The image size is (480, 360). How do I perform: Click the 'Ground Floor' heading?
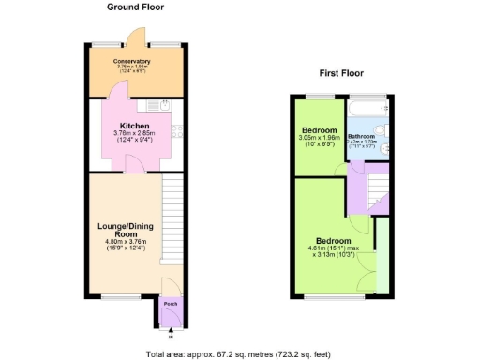coord(136,7)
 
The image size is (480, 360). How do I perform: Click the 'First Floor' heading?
coord(342,72)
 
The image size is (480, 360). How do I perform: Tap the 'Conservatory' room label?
coord(133,61)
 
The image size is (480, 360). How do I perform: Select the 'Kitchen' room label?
coord(135,126)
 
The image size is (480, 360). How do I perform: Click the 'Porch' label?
coord(171,305)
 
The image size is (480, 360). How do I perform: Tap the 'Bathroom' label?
coord(361,136)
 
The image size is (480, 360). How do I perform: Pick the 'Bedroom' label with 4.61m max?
coord(333,240)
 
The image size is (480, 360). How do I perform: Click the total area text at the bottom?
coord(239,354)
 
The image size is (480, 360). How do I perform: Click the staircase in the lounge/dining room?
coord(172,206)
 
